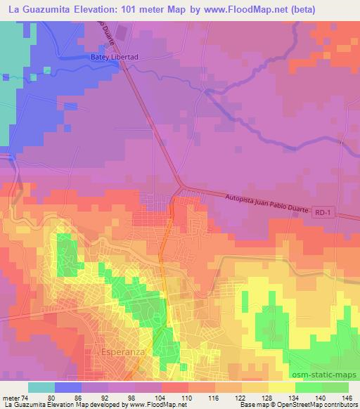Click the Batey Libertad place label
pyautogui.click(x=112, y=58)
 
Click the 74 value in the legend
pyautogui.click(x=22, y=398)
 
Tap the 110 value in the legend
pyautogui.click(x=188, y=398)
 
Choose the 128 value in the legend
pyautogui.click(x=268, y=398)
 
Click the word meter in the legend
pyautogui.click(x=9, y=398)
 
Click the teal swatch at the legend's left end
pyautogui.click(x=41, y=387)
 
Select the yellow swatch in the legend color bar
pyautogui.click(x=282, y=387)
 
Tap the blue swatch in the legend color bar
pyautogui.click(x=68, y=387)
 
